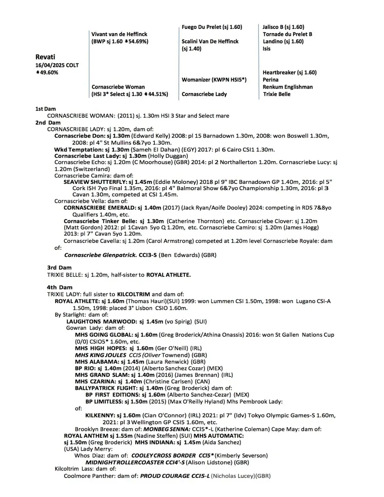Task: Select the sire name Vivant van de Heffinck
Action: tap(119, 34)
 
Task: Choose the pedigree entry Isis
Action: tap(267, 49)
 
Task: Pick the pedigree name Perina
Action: tap(270, 80)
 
